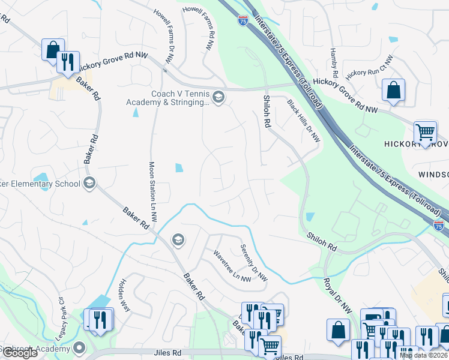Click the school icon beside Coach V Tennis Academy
[218, 97]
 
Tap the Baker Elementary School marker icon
[89, 183]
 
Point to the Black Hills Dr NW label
[303, 121]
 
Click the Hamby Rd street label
[334, 64]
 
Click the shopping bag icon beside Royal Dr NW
[338, 329]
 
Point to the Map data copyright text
[423, 355]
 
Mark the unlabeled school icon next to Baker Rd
[177, 241]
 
